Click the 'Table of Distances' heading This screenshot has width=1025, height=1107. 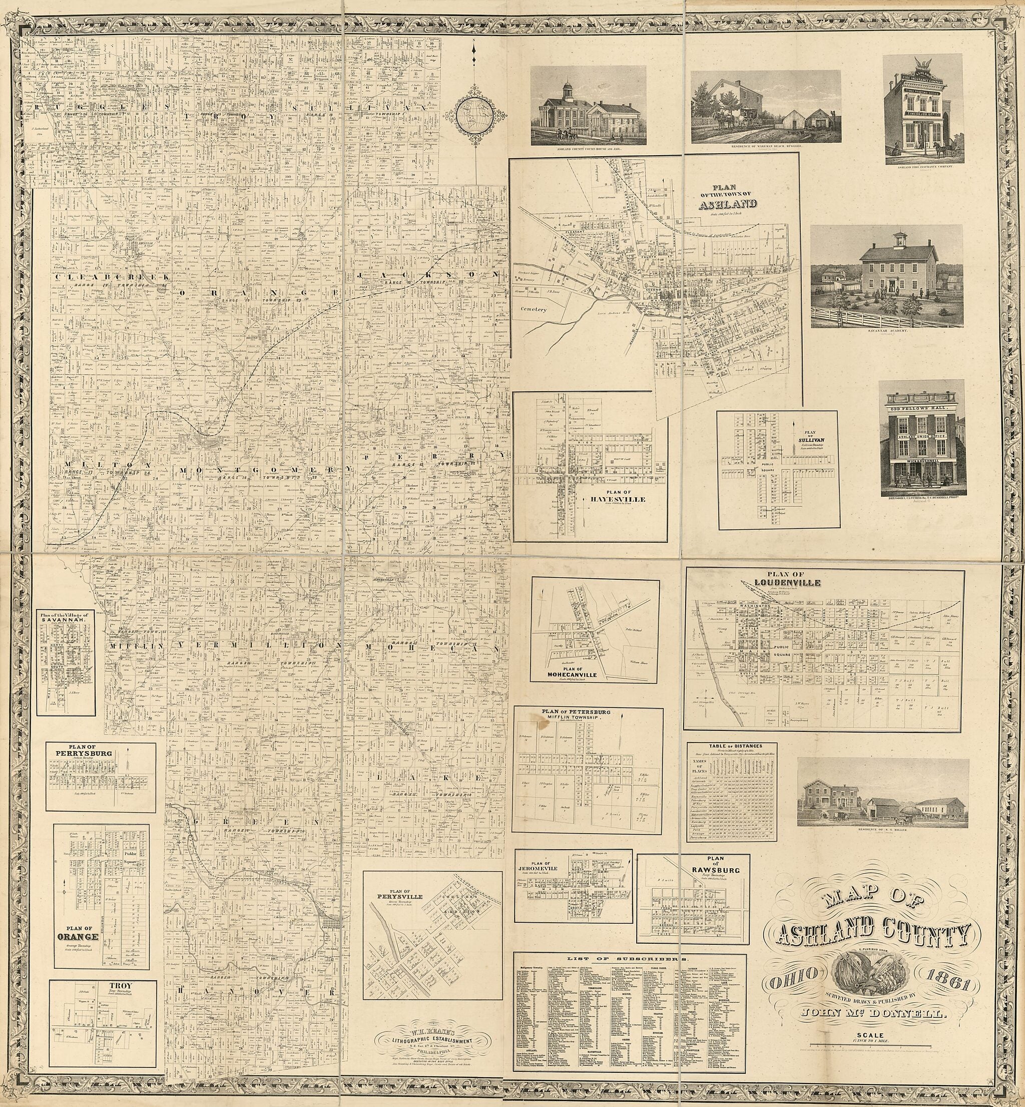tap(731, 747)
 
